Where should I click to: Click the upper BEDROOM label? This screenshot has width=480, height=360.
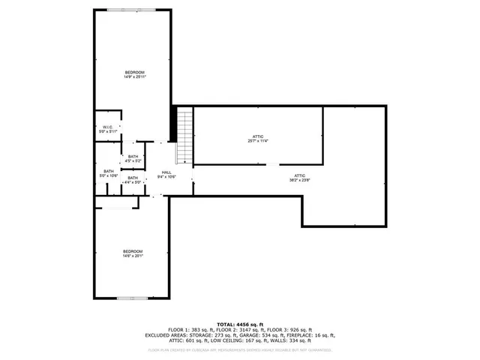click(x=135, y=72)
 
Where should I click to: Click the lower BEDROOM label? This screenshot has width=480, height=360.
click(x=133, y=251)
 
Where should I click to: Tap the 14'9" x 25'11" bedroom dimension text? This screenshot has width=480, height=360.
click(x=135, y=77)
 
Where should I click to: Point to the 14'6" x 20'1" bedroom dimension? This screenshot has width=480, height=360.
click(x=133, y=256)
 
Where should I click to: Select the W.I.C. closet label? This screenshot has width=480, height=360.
click(x=108, y=127)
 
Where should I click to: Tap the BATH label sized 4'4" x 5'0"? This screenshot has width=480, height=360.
click(x=133, y=178)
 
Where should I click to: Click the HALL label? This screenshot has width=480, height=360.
click(x=166, y=172)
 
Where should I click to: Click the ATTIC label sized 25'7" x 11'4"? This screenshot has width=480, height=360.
click(x=258, y=136)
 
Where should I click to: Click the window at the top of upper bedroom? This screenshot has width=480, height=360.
click(x=133, y=10)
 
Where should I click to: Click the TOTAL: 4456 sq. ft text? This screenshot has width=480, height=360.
click(x=240, y=323)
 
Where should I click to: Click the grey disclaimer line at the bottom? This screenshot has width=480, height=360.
click(x=240, y=349)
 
